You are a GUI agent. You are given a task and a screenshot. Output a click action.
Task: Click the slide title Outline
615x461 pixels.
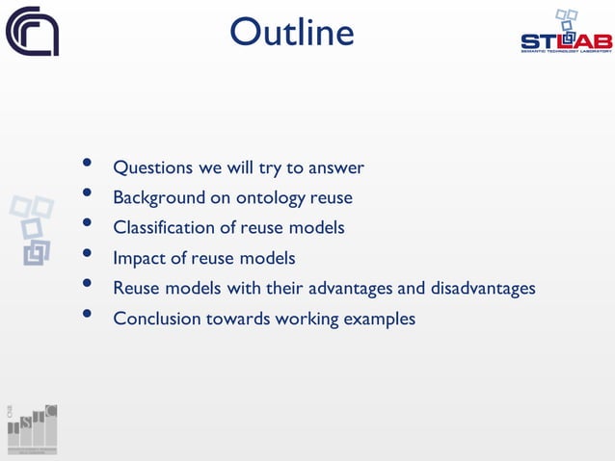coord(291,33)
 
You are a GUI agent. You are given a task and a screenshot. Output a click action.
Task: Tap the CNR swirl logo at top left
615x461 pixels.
coord(32,31)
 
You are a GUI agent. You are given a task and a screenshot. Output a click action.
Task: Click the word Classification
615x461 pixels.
coord(163,228)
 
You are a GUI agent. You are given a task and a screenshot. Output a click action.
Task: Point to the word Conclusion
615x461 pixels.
coord(157,318)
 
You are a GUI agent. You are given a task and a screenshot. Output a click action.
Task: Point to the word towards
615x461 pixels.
coord(236,318)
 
